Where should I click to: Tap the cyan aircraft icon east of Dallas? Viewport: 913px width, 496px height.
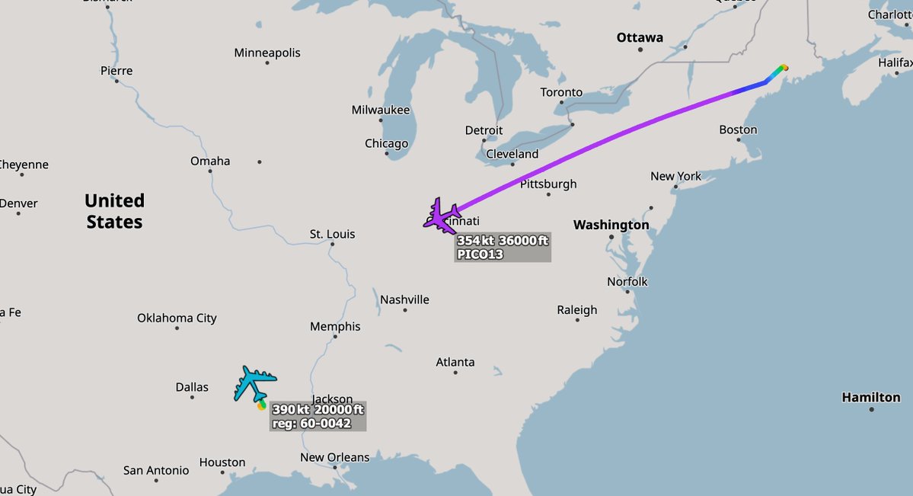point(254,382)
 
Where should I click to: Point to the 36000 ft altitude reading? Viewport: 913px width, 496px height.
point(523,241)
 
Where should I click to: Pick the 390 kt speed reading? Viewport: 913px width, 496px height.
point(289,410)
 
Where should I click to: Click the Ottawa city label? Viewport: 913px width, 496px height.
point(640,37)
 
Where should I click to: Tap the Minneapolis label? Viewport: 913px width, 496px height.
point(267,53)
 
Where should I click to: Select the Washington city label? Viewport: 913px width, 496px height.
point(611,225)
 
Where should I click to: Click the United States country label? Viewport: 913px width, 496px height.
point(114,211)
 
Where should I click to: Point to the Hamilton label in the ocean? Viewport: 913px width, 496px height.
point(870,397)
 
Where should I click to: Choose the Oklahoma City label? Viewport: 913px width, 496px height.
point(177,318)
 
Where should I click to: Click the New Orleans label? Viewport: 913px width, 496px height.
point(334,457)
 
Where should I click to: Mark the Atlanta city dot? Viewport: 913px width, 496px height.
point(455,375)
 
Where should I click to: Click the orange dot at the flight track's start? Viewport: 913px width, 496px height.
point(785,67)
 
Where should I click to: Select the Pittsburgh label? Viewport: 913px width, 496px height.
point(548,184)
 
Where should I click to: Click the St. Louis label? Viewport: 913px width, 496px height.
point(332,234)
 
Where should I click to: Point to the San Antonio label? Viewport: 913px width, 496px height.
point(156,470)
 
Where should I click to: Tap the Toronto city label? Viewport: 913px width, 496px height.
point(561,92)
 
